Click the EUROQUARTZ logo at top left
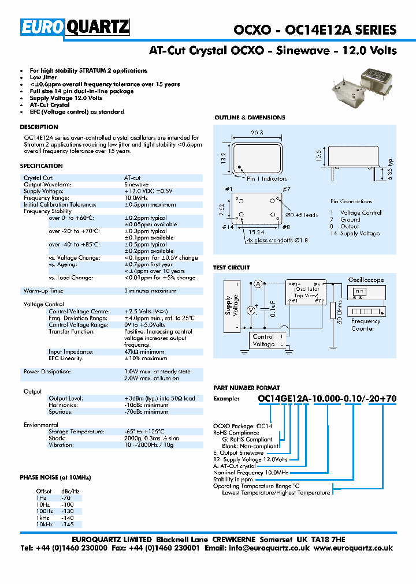click(x=75, y=27)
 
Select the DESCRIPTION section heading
click(x=39, y=127)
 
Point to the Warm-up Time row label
click(x=43, y=291)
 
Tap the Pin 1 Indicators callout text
click(x=267, y=179)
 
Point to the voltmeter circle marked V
click(x=251, y=310)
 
